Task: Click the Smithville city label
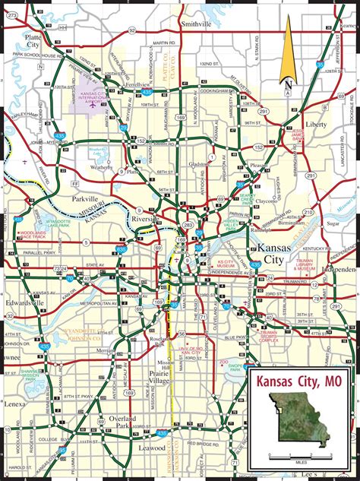(x=197, y=24)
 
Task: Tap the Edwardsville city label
(x=22, y=302)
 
